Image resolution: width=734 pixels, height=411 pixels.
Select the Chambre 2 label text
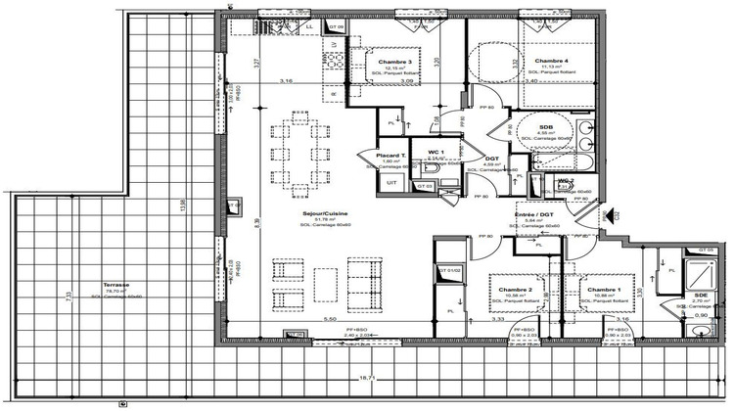pyautogui.click(x=515, y=291)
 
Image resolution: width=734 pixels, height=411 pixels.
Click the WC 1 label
pyautogui.click(x=436, y=152)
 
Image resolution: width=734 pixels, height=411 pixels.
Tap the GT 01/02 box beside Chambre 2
pyautogui.click(x=448, y=271)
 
